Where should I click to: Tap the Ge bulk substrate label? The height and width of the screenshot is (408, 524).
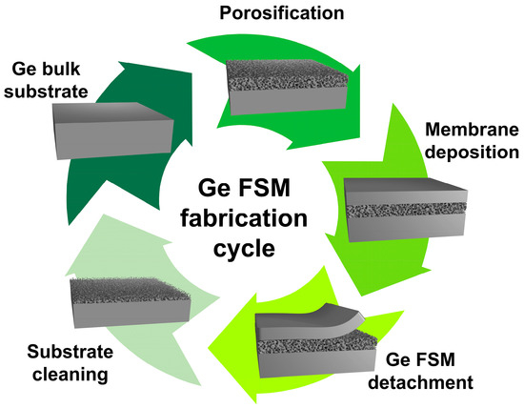point(50,80)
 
